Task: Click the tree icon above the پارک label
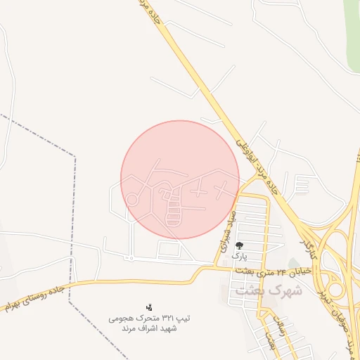240,245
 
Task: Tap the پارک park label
240,257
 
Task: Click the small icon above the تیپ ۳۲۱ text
148,307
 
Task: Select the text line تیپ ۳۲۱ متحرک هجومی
149,319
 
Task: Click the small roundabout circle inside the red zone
132,200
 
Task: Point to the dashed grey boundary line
72,211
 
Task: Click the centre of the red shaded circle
180,179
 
